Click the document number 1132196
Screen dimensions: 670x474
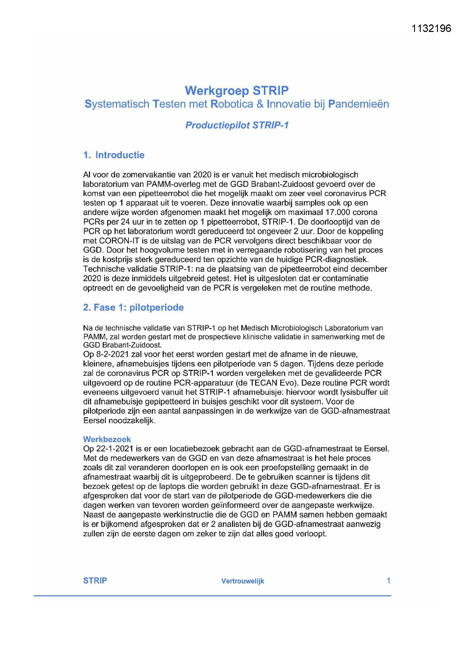click(x=431, y=29)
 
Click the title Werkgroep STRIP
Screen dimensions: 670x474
click(x=237, y=91)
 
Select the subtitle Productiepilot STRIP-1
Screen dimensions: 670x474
click(x=237, y=125)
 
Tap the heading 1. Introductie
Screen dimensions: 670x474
click(x=114, y=155)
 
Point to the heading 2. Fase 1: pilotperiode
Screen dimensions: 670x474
click(x=133, y=307)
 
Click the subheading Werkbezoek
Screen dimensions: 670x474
click(x=107, y=439)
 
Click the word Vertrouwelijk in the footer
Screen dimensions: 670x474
click(x=242, y=581)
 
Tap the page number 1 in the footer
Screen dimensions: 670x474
click(x=388, y=581)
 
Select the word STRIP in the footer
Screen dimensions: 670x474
click(x=95, y=581)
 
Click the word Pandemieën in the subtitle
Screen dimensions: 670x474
click(x=359, y=104)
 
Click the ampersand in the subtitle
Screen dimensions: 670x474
click(x=260, y=104)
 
